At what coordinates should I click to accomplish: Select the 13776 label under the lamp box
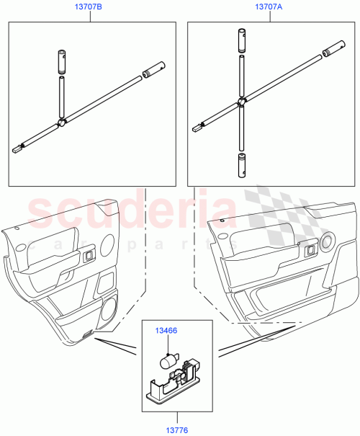(x=178, y=429)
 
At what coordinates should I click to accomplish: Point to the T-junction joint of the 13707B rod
(x=63, y=122)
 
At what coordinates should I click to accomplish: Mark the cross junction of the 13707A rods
(x=243, y=102)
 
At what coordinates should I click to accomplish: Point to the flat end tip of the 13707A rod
(x=197, y=130)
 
